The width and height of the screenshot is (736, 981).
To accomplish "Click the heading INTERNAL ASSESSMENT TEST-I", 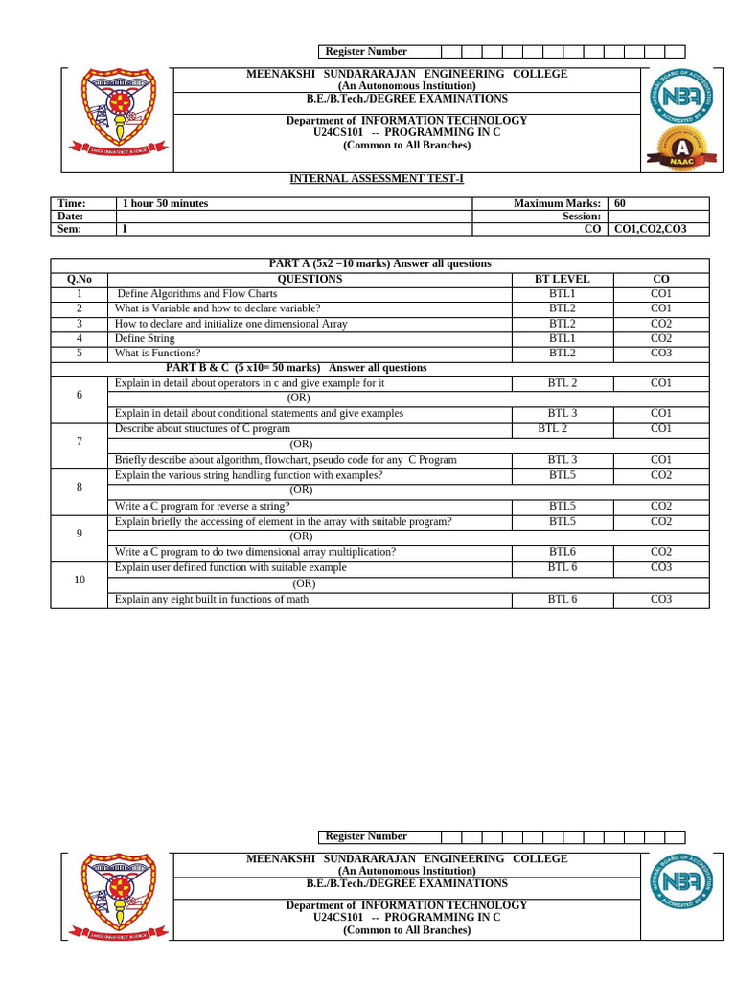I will [377, 179].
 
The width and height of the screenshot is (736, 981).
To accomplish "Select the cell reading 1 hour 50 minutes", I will [165, 203].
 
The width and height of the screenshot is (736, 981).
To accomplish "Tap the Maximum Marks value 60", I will [620, 203].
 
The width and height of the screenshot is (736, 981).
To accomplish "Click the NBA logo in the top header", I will [681, 97].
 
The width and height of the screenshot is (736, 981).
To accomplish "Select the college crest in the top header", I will [116, 113].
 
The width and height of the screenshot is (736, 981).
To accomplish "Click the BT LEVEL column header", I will [563, 279].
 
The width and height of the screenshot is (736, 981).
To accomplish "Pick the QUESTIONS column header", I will [309, 279].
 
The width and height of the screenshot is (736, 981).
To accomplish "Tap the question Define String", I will [145, 338].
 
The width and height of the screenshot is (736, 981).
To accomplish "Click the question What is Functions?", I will [157, 354].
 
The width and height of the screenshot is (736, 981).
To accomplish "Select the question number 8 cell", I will [80, 487].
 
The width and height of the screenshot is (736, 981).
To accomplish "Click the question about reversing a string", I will [201, 506].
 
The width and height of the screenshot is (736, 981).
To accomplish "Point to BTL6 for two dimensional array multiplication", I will [563, 552].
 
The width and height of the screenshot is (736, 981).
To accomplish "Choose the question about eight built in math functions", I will [211, 600].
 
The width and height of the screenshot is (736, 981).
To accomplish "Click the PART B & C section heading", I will [296, 368].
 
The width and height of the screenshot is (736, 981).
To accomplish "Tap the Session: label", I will [582, 217].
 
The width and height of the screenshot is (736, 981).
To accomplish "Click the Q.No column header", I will [80, 279].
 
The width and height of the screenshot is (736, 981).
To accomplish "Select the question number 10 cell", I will [80, 580].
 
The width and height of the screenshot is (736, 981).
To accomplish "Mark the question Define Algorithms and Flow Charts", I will [196, 294].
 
